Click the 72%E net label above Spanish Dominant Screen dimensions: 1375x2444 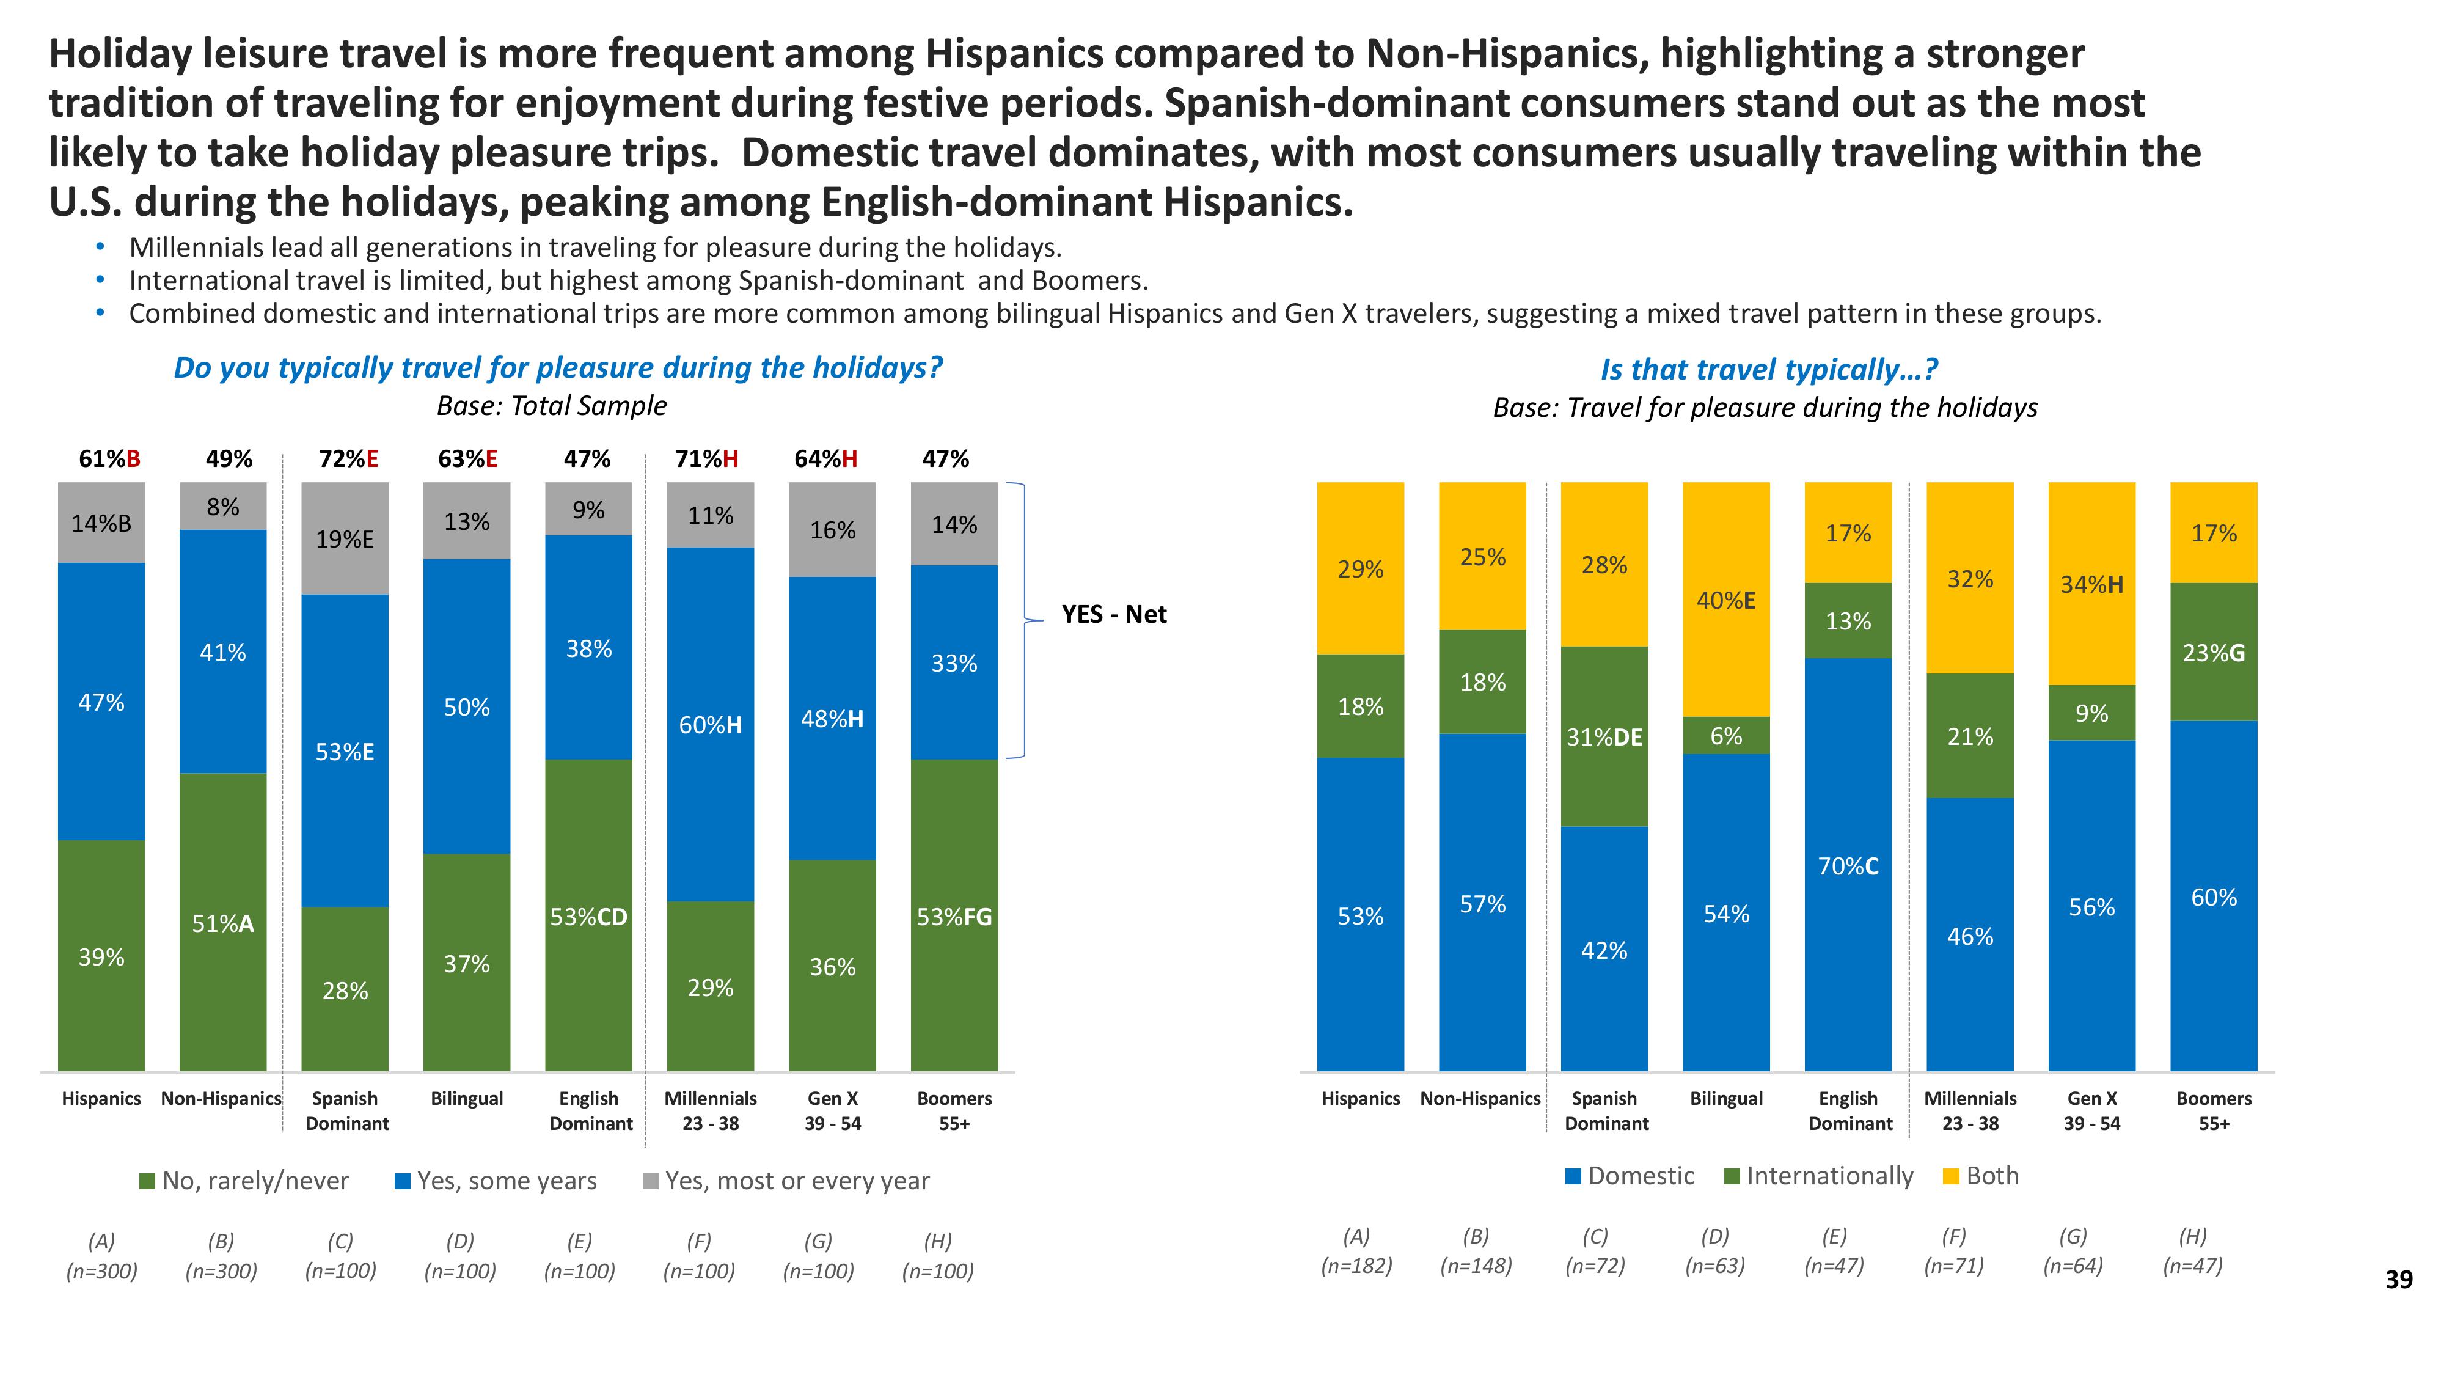pyautogui.click(x=348, y=460)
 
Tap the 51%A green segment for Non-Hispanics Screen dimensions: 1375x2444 pyautogui.click(x=223, y=922)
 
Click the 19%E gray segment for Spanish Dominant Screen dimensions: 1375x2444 pyautogui.click(x=345, y=539)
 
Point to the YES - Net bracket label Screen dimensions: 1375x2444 pyautogui.click(x=1114, y=615)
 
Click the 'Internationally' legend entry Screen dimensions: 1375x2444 pyautogui.click(x=1819, y=1176)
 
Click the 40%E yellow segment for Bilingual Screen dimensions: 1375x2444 pyautogui.click(x=1726, y=599)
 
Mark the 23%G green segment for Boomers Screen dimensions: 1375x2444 pyautogui.click(x=2214, y=652)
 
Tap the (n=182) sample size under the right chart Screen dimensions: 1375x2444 pyautogui.click(x=1356, y=1265)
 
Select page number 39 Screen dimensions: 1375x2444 pyautogui.click(x=2398, y=1280)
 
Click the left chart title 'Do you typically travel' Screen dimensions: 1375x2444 pyautogui.click(x=558, y=367)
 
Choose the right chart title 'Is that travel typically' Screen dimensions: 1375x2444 pyautogui.click(x=1768, y=369)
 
